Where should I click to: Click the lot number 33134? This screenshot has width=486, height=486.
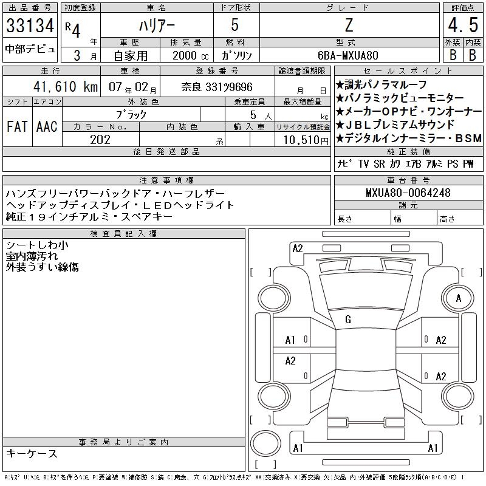click(30, 26)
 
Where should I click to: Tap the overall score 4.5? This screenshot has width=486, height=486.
click(463, 25)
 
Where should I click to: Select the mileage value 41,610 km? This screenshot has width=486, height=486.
click(66, 86)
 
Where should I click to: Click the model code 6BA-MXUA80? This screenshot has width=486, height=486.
click(347, 55)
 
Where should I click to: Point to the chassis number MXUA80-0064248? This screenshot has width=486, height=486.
click(408, 193)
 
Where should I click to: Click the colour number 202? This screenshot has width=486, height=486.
click(100, 140)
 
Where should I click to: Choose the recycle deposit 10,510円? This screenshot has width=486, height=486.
click(306, 140)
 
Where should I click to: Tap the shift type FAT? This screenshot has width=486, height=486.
click(17, 126)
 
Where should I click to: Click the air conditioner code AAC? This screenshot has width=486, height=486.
click(47, 126)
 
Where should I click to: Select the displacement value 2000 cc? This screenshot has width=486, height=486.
click(190, 55)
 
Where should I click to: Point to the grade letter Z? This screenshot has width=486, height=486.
click(349, 25)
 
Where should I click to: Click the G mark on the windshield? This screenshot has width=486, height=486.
click(348, 320)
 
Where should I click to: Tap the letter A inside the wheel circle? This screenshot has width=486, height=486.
click(459, 298)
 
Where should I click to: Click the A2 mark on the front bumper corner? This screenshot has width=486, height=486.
click(298, 248)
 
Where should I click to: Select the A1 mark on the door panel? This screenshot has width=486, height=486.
click(290, 340)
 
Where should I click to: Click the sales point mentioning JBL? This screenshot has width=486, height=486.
click(395, 125)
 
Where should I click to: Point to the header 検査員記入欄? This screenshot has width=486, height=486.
click(123, 233)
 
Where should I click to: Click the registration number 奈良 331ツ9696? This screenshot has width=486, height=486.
click(217, 87)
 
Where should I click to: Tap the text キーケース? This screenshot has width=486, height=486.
click(32, 453)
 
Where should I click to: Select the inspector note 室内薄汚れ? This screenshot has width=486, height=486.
click(32, 256)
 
